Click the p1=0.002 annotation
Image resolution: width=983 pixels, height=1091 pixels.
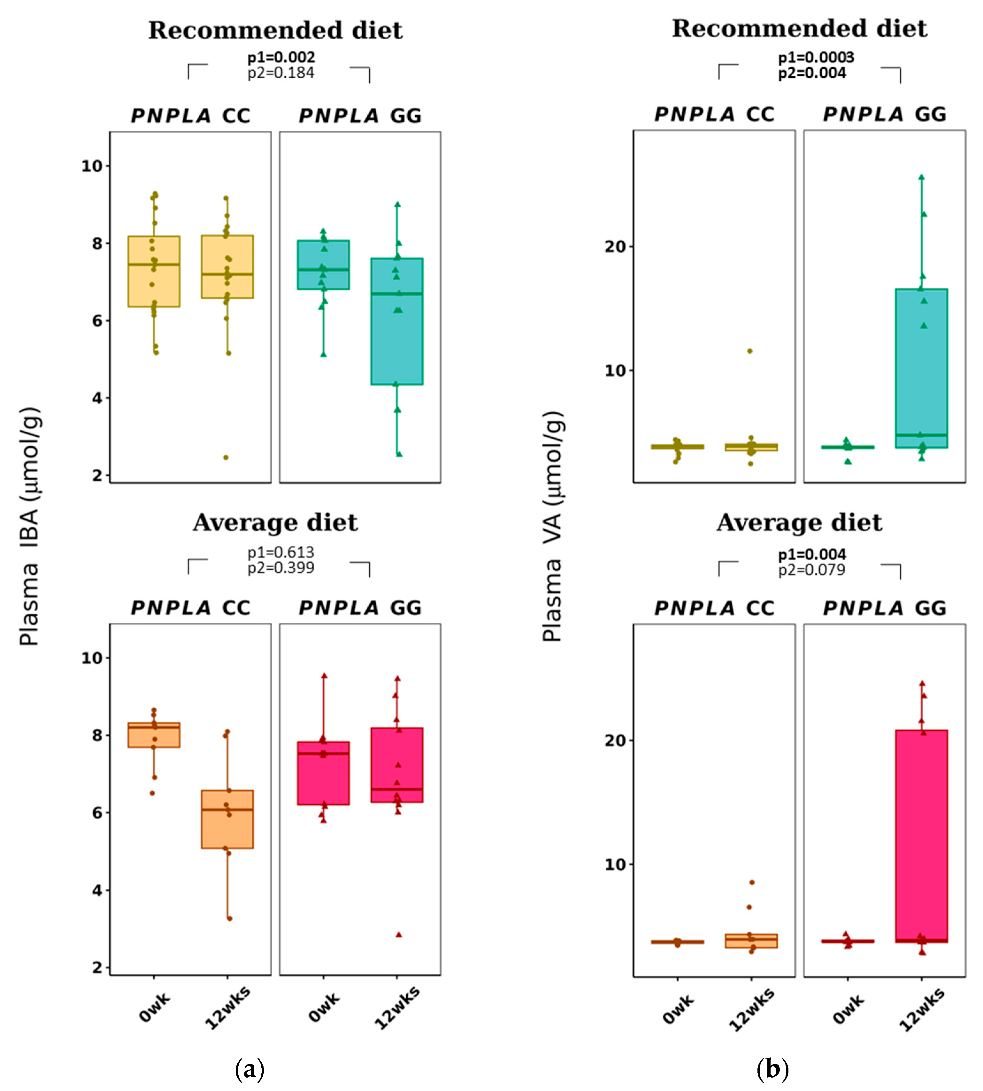click(281, 57)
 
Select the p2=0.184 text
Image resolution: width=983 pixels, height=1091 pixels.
click(281, 73)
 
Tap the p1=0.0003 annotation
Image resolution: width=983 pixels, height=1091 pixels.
click(816, 57)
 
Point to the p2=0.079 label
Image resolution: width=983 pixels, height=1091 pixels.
click(811, 570)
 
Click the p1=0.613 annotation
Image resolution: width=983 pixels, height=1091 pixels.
click(281, 552)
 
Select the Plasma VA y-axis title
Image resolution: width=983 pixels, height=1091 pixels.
click(553, 526)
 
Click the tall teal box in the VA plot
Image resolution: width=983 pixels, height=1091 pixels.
click(921, 367)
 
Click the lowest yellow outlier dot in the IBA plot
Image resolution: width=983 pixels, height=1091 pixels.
click(226, 457)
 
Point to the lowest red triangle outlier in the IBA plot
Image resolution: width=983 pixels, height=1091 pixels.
click(399, 935)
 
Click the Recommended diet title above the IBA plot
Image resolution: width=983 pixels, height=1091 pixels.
click(275, 30)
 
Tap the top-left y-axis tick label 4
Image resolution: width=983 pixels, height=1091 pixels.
click(97, 398)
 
